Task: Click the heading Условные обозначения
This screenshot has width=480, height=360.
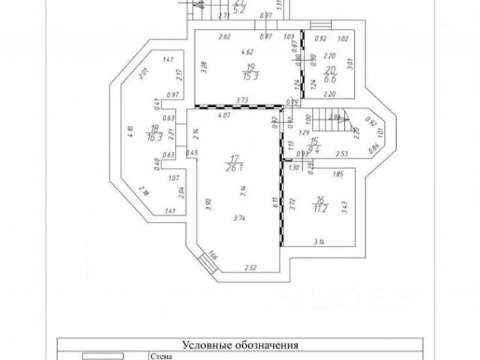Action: [241, 346]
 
